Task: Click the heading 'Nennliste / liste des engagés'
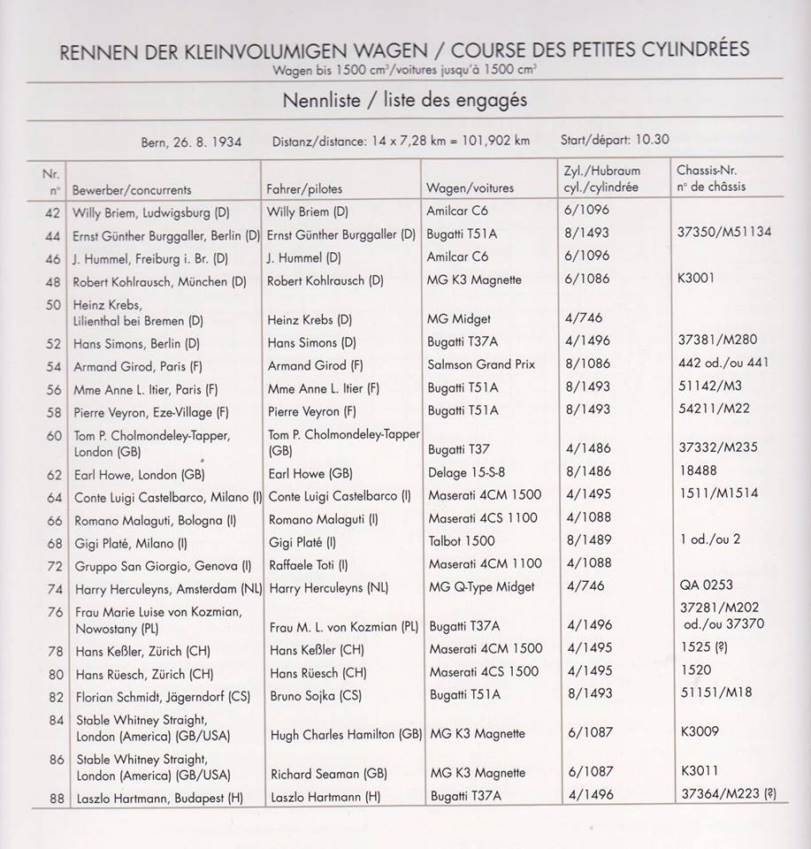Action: tap(404, 100)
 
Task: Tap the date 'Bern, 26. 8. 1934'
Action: tap(191, 141)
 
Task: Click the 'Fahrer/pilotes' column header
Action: tap(304, 189)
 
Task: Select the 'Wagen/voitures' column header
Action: tap(470, 188)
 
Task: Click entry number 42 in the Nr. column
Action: tap(56, 212)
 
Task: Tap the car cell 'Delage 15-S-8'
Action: tap(473, 472)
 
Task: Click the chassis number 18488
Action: tap(699, 471)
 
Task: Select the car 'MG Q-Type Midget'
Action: tap(486, 587)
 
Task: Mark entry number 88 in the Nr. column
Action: tap(57, 797)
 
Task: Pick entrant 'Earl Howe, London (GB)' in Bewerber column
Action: tap(140, 473)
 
